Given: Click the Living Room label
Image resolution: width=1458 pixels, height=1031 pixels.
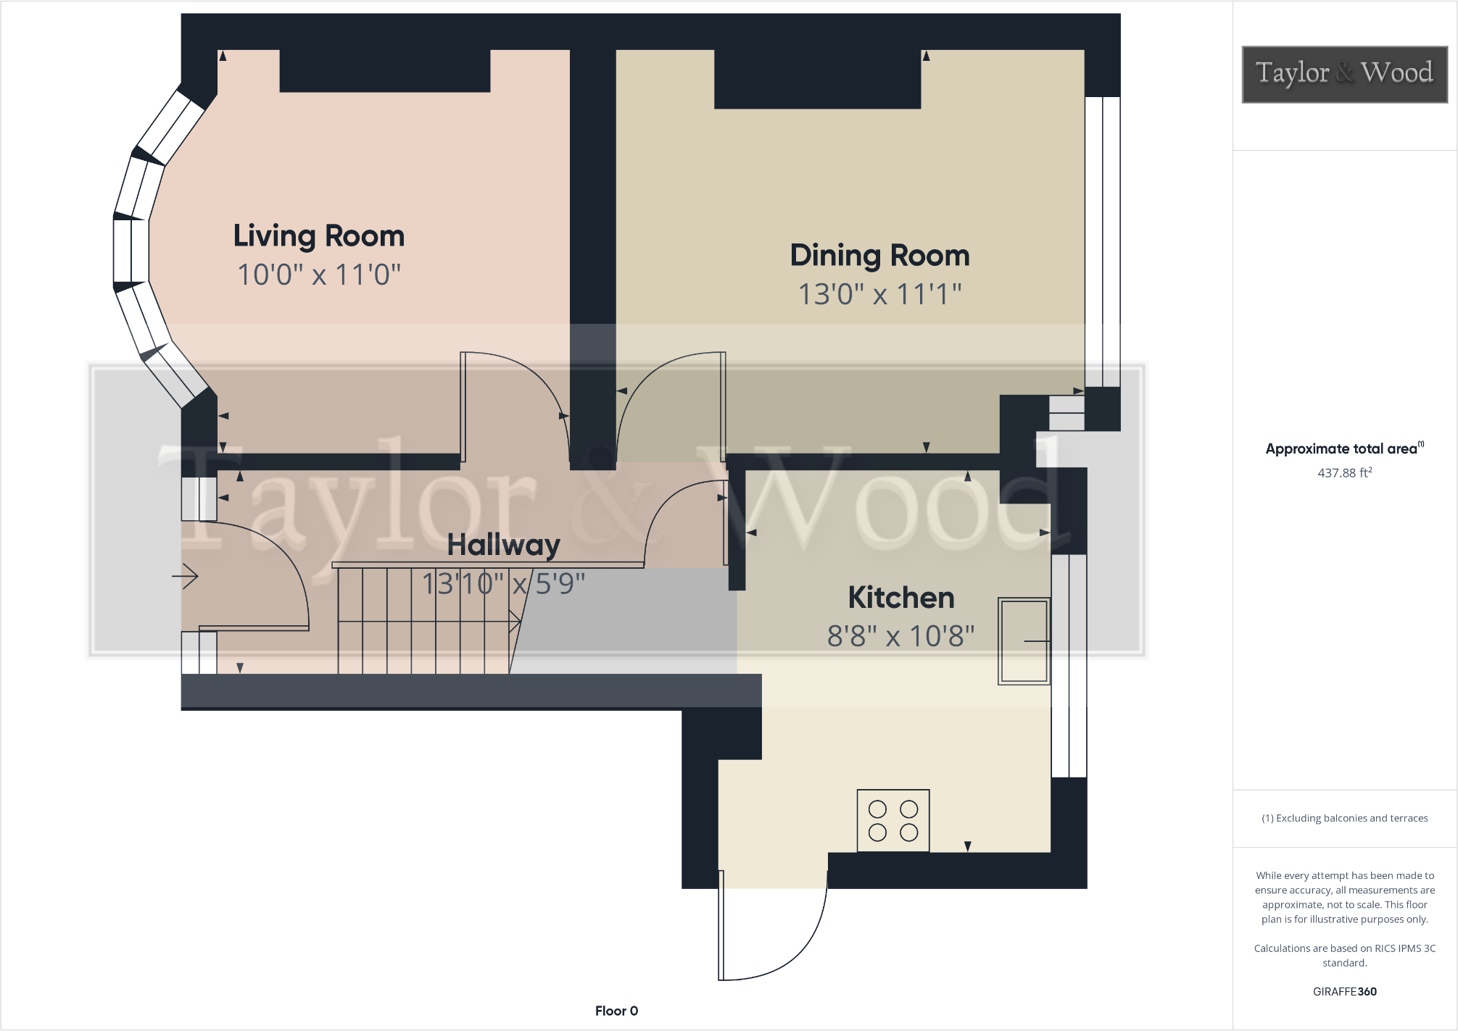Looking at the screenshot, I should click(x=318, y=236).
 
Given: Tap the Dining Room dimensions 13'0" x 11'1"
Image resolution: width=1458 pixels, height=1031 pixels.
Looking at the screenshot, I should click(x=879, y=294).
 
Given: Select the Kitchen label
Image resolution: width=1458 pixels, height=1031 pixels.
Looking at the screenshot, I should click(x=901, y=598).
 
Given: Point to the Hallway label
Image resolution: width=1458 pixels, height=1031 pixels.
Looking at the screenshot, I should click(x=503, y=545).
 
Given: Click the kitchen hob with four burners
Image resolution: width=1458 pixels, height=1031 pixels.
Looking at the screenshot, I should click(x=892, y=820).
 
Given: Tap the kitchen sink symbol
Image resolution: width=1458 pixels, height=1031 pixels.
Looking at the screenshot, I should click(x=1023, y=640).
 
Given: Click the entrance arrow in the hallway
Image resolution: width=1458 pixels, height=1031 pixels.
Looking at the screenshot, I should click(x=186, y=576).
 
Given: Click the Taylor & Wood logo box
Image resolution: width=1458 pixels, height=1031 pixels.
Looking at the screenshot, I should click(x=1343, y=74).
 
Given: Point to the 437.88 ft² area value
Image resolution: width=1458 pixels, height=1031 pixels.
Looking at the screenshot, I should click(x=1343, y=473).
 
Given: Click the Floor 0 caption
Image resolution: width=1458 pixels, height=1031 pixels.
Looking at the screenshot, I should click(x=616, y=1011).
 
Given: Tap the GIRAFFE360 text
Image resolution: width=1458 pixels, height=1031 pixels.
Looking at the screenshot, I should click(x=1343, y=992).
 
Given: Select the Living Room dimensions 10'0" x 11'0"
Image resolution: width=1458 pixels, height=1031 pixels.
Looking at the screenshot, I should click(x=318, y=275).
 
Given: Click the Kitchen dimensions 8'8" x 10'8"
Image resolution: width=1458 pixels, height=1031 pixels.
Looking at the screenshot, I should click(x=900, y=636).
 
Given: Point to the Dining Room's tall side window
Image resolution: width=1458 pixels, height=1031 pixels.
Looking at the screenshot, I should click(x=1102, y=241).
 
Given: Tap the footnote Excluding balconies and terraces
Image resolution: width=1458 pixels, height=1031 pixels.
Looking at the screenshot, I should click(x=1343, y=818).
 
